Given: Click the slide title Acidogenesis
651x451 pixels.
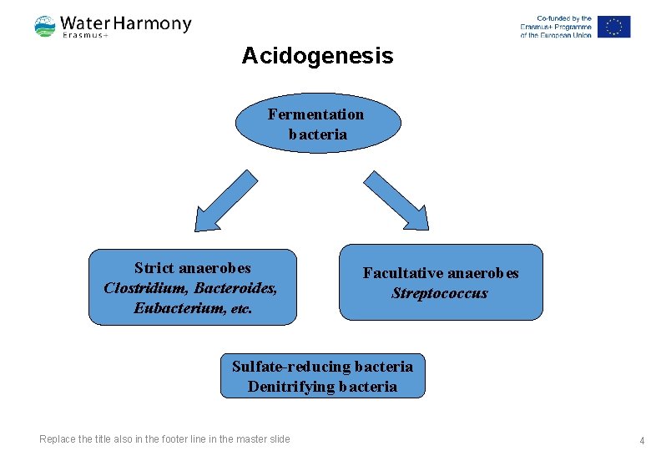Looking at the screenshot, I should coord(317,56).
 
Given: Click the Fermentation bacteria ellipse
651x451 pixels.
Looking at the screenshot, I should coord(317,123).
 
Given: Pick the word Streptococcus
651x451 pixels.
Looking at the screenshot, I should coord(440,293).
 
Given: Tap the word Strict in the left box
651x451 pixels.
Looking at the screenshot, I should coord(152,268).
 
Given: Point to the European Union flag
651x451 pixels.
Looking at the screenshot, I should coord(613,27).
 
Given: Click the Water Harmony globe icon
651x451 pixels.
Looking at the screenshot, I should coord(45,27).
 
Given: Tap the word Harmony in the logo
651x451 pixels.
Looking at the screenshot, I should coord(153,23).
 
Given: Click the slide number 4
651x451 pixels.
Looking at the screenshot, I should coord(641,439).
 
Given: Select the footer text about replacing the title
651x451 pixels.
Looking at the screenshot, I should coord(164,439).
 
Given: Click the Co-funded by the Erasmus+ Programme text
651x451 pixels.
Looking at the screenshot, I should coord(556,27).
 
